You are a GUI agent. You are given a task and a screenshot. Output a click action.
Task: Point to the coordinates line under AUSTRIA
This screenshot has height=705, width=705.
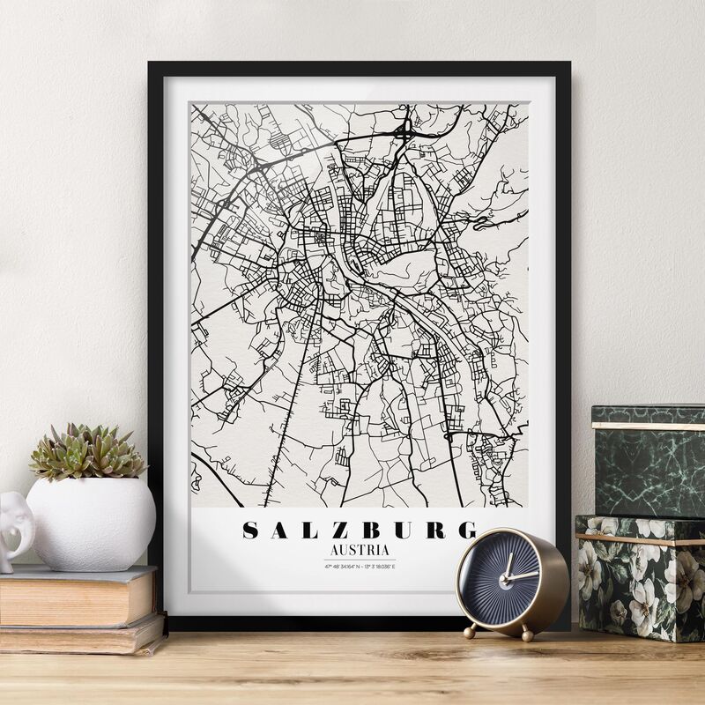coord(359,566)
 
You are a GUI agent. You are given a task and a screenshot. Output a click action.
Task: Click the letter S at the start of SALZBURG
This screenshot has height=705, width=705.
coord(251,531)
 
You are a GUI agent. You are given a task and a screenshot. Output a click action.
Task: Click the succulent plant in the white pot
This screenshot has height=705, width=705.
coord(86,452)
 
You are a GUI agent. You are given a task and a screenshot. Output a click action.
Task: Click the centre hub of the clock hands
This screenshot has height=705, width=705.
coord(508,578)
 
